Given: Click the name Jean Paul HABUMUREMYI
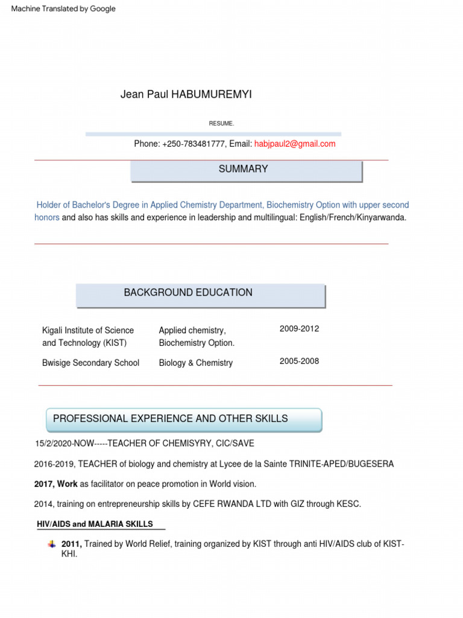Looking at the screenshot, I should (186, 94).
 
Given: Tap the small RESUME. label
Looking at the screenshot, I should (221, 124).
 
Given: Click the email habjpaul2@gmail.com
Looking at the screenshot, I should (295, 144).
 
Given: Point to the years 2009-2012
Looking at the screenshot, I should (299, 329).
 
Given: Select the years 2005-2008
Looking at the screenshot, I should (299, 362).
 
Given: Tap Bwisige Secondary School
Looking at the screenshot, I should (90, 363).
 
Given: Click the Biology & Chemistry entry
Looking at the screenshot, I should (195, 363).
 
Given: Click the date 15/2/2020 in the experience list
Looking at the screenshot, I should (54, 444).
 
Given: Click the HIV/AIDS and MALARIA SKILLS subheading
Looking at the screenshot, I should (95, 524).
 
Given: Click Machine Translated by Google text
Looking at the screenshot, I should (63, 9).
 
